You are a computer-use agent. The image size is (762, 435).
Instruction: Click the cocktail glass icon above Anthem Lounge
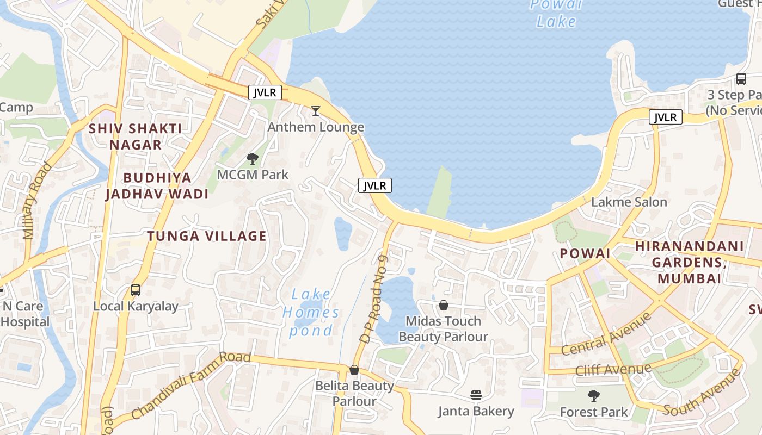(x=315, y=111)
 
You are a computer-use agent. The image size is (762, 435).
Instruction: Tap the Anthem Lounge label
(x=316, y=127)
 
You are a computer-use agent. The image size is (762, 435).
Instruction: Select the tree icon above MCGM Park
(x=252, y=159)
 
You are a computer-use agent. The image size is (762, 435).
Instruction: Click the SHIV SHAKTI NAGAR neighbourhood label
(x=135, y=136)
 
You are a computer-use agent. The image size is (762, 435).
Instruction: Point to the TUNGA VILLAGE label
(x=207, y=236)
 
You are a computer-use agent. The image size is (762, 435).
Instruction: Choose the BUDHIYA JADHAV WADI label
(x=157, y=186)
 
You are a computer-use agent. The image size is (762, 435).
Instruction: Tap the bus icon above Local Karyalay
(x=136, y=290)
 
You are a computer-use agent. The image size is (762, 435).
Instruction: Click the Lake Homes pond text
(x=311, y=313)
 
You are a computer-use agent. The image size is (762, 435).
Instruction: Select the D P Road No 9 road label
(x=373, y=299)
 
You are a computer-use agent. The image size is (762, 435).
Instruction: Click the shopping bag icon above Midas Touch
(x=444, y=305)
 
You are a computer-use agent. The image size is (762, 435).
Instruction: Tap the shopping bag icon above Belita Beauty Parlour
(x=354, y=370)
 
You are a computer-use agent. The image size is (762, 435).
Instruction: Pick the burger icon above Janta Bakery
(x=476, y=395)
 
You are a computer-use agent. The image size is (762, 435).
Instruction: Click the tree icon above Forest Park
(x=594, y=395)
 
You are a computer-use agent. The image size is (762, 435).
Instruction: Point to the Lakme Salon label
(x=629, y=202)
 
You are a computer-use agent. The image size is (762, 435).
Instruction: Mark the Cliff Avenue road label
(x=613, y=370)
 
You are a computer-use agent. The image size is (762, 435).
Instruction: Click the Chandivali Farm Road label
(x=190, y=386)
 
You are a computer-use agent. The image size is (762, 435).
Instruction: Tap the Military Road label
(x=37, y=200)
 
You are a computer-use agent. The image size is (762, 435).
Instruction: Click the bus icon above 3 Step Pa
(x=741, y=78)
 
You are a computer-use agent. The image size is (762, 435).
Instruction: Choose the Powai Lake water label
(x=556, y=14)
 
